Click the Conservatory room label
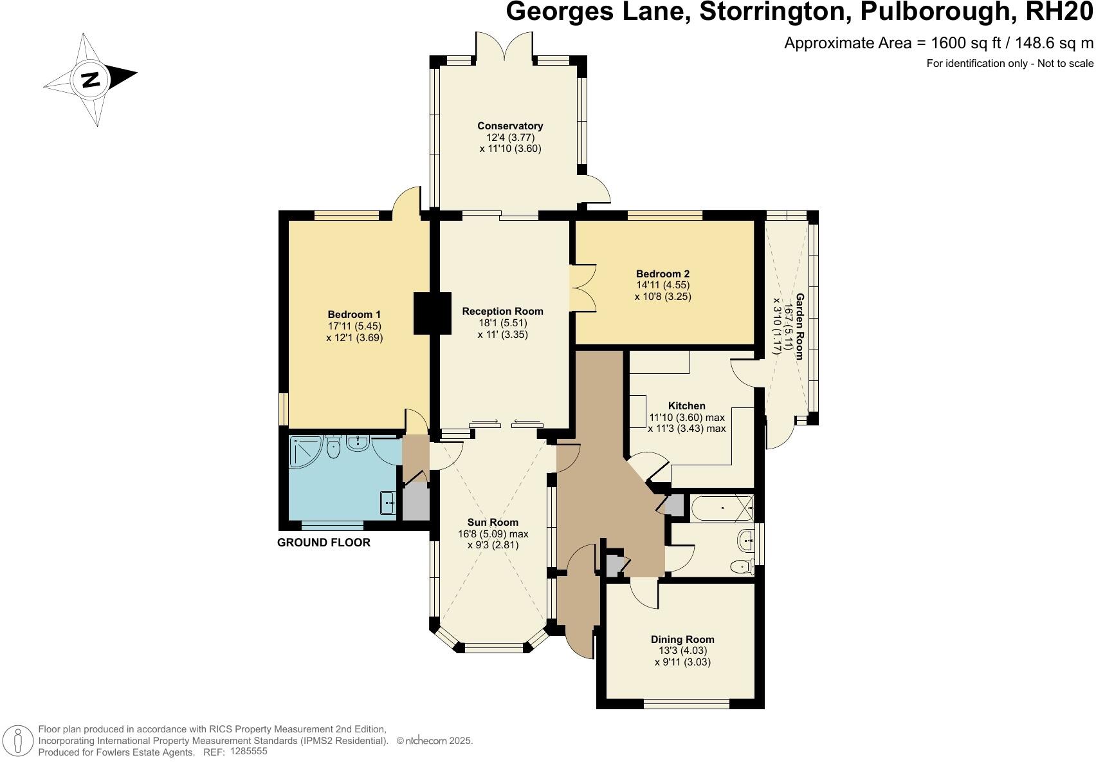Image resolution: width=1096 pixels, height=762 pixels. point(509,126)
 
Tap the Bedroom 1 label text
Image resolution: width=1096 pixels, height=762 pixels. point(354,314)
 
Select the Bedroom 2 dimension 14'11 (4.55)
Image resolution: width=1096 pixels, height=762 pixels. point(662,285)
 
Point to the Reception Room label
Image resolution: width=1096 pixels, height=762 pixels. point(502,311)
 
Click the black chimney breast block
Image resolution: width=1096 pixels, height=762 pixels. point(432,313)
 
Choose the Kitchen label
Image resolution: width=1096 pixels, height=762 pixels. point(686,406)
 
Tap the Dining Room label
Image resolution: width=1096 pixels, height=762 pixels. point(682,639)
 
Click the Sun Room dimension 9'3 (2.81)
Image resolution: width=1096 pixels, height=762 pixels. point(493,545)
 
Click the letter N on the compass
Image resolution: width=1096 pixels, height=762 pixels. point(91,80)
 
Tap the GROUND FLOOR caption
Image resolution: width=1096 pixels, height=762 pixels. point(324,543)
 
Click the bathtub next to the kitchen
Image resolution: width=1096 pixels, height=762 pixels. point(720,508)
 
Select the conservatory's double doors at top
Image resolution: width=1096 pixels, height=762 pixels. point(504,46)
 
